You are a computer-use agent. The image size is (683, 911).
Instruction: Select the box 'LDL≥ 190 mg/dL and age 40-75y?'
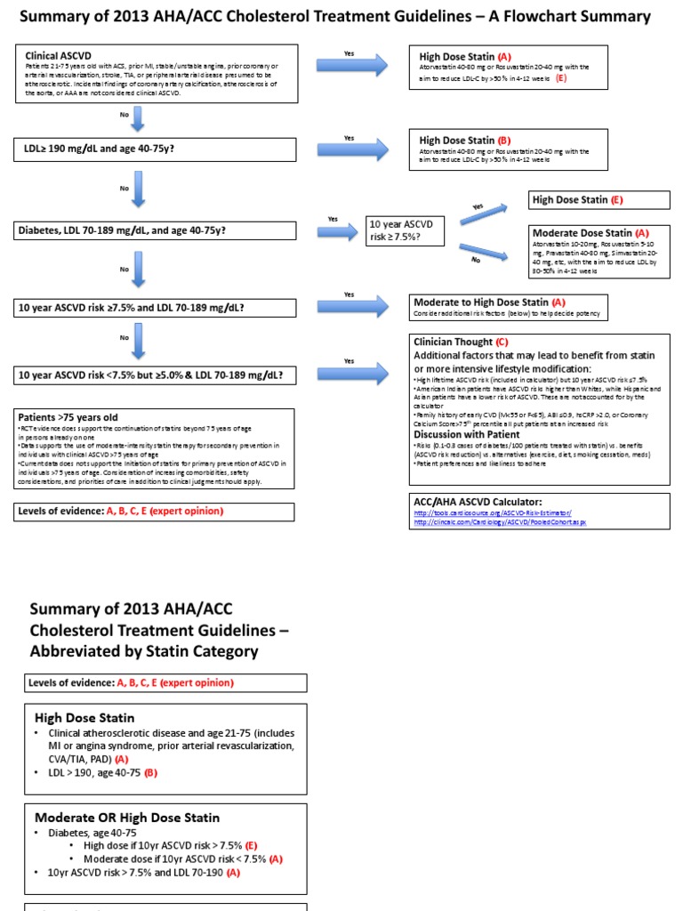coord(155,149)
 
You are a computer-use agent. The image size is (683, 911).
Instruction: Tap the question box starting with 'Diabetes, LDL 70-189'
coord(155,230)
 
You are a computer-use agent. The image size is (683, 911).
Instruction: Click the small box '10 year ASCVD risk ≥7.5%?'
coord(406,231)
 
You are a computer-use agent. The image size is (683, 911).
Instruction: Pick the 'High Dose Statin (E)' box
coord(587,200)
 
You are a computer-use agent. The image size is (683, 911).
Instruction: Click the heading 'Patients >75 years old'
coord(68,416)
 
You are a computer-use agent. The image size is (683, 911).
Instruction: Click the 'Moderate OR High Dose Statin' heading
coord(126,817)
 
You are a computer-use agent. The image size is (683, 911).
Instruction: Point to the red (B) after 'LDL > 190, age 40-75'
coord(150,773)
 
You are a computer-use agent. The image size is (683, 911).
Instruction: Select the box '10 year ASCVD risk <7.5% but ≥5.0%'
coord(155,375)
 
